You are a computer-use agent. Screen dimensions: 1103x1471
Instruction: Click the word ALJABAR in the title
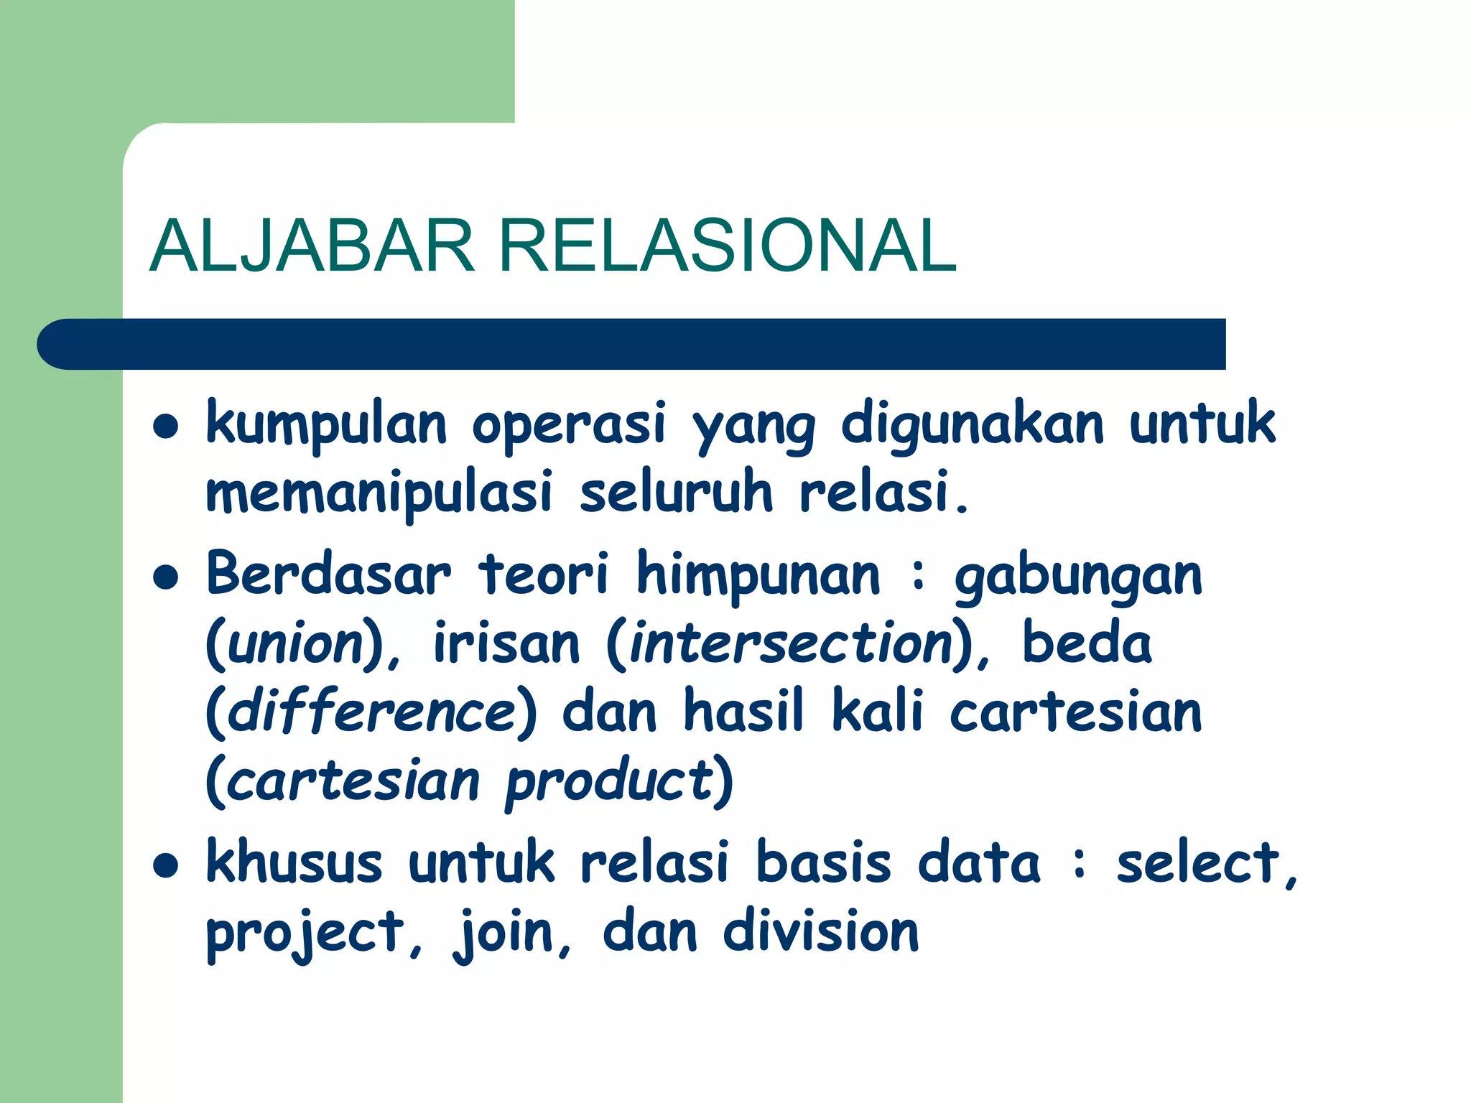pyautogui.click(x=312, y=246)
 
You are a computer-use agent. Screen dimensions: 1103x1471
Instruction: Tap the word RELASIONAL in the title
pyautogui.click(x=727, y=246)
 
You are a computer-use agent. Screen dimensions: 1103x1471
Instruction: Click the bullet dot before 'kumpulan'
pyautogui.click(x=166, y=426)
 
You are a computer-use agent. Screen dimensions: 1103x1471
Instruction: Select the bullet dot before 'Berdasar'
pyautogui.click(x=166, y=577)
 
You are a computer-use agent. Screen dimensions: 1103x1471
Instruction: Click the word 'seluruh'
pyautogui.click(x=676, y=493)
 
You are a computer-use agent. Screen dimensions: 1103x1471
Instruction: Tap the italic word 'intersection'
pyautogui.click(x=791, y=643)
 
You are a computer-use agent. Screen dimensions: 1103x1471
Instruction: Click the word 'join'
pyautogui.click(x=503, y=934)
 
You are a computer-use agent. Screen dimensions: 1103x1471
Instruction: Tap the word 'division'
pyautogui.click(x=821, y=931)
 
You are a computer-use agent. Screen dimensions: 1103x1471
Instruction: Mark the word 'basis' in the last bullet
pyautogui.click(x=824, y=862)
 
